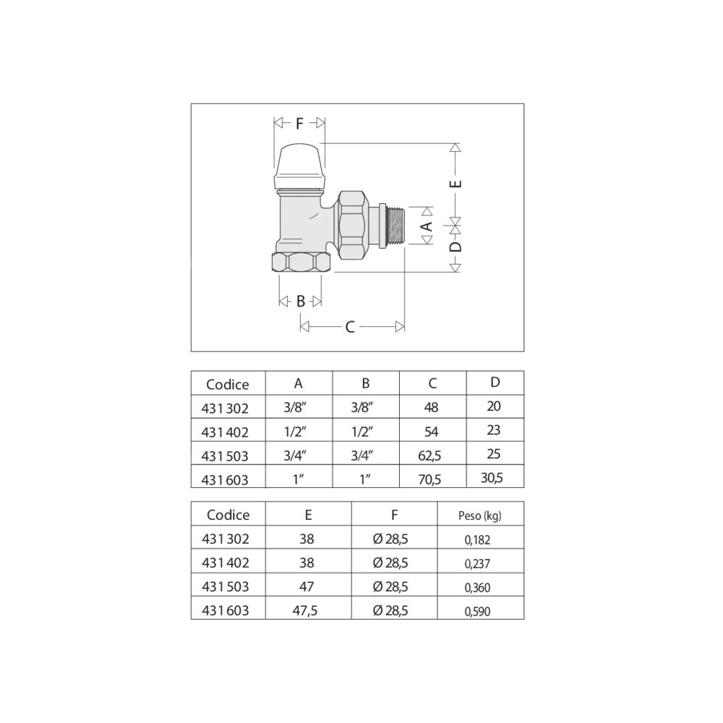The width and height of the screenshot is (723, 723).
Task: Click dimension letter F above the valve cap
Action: pyautogui.click(x=300, y=124)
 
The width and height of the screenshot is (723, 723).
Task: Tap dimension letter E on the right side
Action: pyautogui.click(x=455, y=184)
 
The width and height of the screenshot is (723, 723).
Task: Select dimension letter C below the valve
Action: pyautogui.click(x=350, y=327)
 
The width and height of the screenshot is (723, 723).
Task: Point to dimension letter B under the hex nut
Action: pyautogui.click(x=301, y=301)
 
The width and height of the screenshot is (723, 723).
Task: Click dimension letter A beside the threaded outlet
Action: pyautogui.click(x=427, y=226)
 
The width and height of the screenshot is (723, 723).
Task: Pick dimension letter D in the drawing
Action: pyautogui.click(x=455, y=247)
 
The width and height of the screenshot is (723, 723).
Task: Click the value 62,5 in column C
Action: pyautogui.click(x=429, y=456)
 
